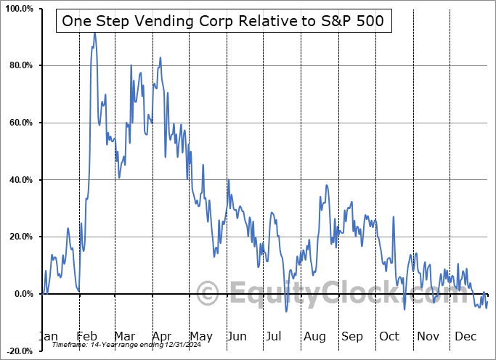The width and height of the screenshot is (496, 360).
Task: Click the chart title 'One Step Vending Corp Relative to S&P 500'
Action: [x=224, y=22]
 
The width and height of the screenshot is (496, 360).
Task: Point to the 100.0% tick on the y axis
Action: [x=18, y=9]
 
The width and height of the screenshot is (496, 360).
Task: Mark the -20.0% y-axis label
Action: [x=19, y=351]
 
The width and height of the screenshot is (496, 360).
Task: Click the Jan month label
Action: [x=47, y=337]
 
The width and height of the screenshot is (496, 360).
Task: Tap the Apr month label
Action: [x=161, y=337]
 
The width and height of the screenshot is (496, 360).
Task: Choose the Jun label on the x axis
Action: [x=237, y=337]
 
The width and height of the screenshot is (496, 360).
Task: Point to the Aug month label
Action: [x=314, y=337]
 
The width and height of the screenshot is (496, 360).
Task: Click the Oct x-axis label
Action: [x=389, y=337]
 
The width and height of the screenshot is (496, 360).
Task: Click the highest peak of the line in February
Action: [x=94, y=33]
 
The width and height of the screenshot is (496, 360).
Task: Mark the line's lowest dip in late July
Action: [x=287, y=311]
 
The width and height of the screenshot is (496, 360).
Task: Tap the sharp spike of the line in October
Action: [x=394, y=216]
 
